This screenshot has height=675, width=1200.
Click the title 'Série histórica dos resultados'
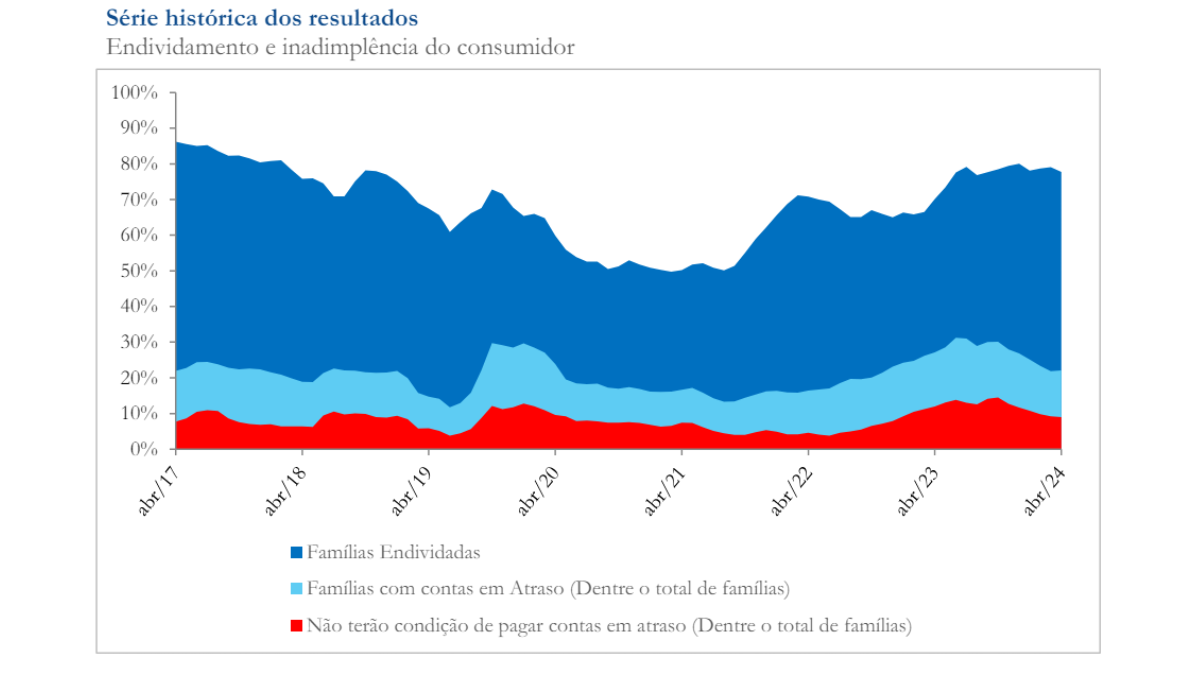coord(261,18)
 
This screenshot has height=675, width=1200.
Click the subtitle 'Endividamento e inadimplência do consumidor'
coord(340,47)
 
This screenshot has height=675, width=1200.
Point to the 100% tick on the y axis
coord(135,93)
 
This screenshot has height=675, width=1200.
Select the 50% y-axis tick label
coord(139,271)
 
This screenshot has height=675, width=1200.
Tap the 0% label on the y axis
coord(145,449)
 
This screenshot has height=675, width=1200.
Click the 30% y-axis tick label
coord(139,342)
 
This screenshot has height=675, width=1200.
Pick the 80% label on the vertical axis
coord(139,164)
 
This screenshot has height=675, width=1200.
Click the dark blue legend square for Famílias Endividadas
coord(296,552)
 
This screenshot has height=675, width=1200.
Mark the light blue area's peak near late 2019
coord(493,344)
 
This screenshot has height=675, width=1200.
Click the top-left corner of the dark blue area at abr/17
coord(177,143)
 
